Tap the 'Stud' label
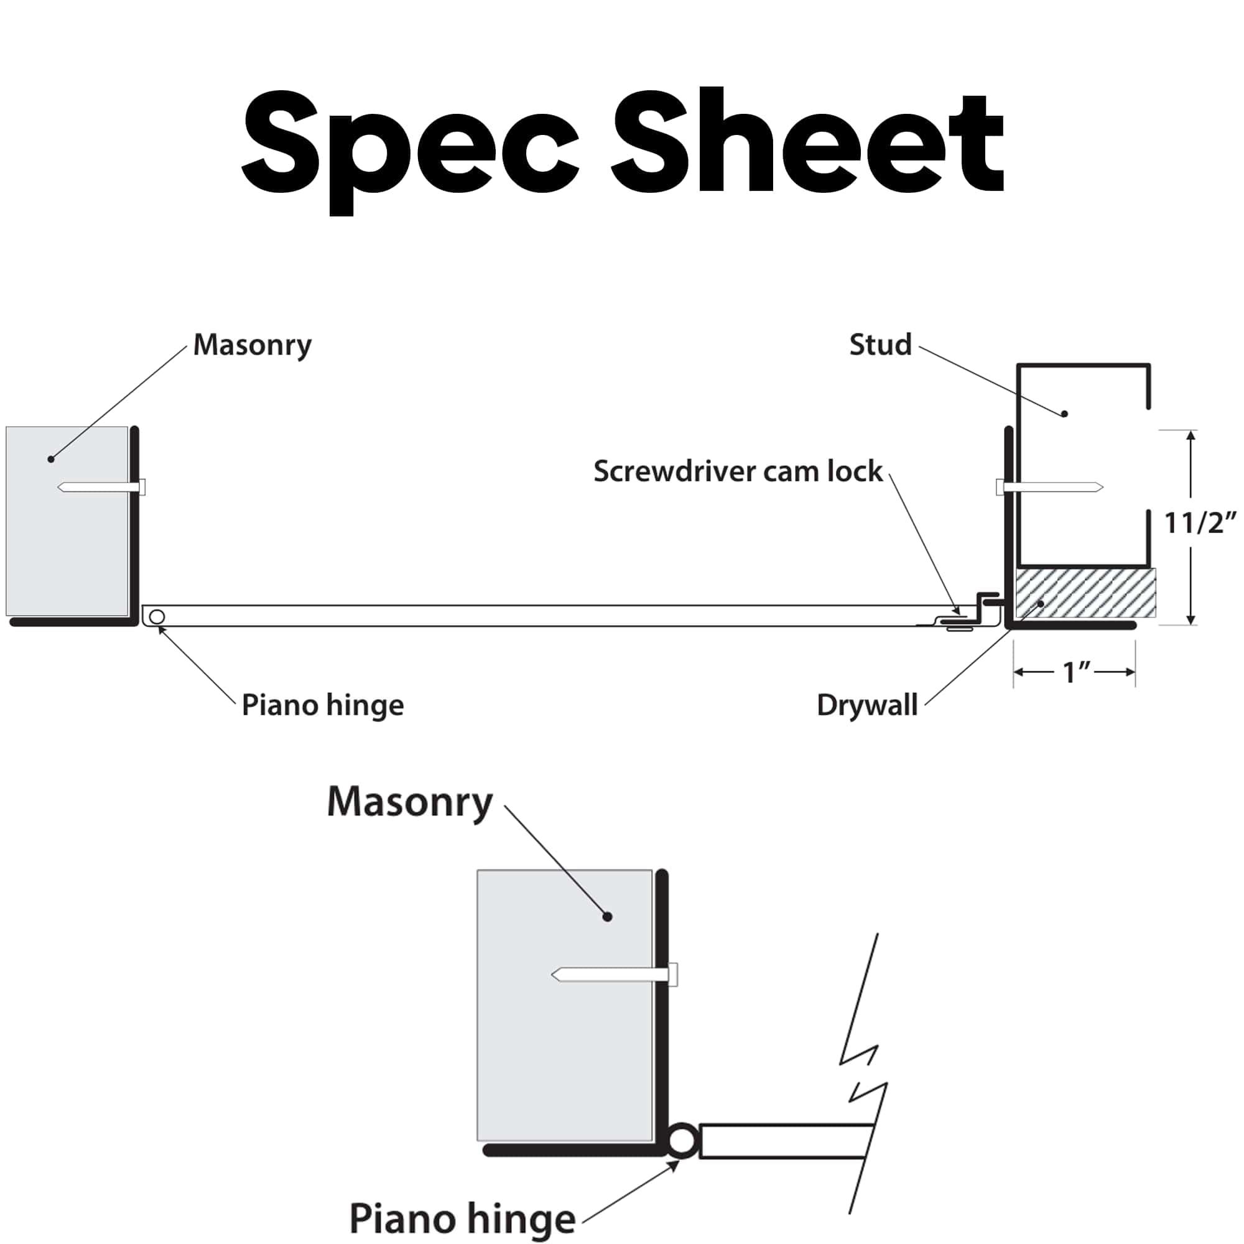click(x=880, y=345)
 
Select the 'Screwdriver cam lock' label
click(x=738, y=471)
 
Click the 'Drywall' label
click(x=866, y=705)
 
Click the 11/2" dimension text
click(x=1201, y=523)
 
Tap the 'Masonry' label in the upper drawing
click(x=253, y=346)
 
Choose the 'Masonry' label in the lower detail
click(x=409, y=804)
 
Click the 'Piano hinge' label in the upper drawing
click(x=323, y=706)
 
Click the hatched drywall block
click(x=1085, y=593)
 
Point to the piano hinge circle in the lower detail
click(x=681, y=1141)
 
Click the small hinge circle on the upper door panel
click(x=157, y=617)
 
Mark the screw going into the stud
click(x=1049, y=487)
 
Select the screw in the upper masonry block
click(x=101, y=487)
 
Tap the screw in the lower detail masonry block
click(x=615, y=974)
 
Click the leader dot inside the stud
click(x=1064, y=414)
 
